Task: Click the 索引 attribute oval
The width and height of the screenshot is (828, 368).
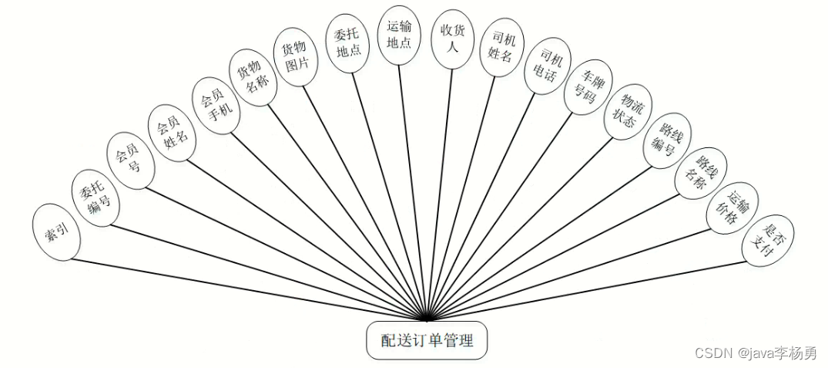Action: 57,232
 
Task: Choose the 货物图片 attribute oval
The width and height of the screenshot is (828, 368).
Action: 297,56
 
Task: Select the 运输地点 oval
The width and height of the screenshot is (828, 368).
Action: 399,33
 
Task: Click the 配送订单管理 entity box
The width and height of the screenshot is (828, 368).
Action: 426,340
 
